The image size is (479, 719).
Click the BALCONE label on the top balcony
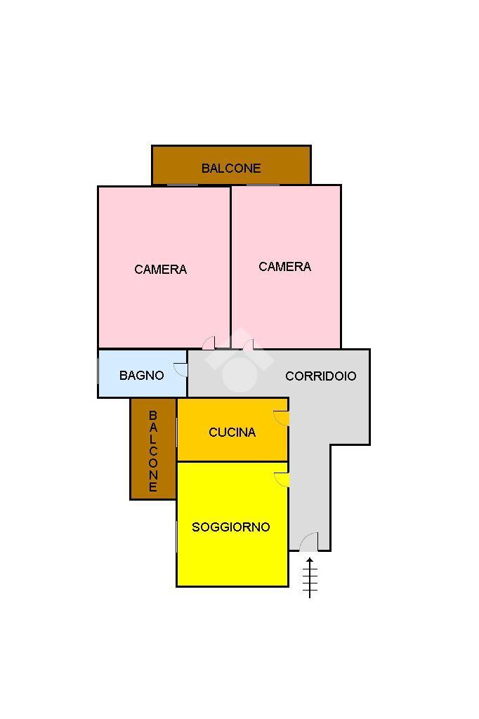pyautogui.click(x=231, y=169)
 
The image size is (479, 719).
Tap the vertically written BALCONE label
pyautogui.click(x=153, y=451)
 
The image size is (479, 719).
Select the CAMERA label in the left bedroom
pyautogui.click(x=160, y=270)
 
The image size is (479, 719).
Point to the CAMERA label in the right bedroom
pyautogui.click(x=284, y=267)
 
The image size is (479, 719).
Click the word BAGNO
pyautogui.click(x=141, y=376)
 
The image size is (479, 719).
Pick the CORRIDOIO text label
pyautogui.click(x=320, y=376)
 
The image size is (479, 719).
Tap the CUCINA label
pyautogui.click(x=232, y=433)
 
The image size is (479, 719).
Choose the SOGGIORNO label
pyautogui.click(x=231, y=527)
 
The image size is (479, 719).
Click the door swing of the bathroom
pyautogui.click(x=181, y=369)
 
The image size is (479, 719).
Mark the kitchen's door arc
pyautogui.click(x=282, y=418)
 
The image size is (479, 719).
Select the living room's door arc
pyautogui.click(x=282, y=480)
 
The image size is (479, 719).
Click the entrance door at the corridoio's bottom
pyautogui.click(x=309, y=543)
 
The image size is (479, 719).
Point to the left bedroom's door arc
pyautogui.click(x=209, y=343)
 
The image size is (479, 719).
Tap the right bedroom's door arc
pyautogui.click(x=248, y=343)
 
